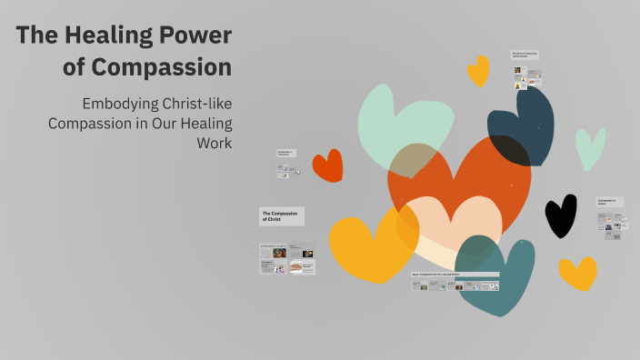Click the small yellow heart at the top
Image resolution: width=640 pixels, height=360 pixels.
(477, 70)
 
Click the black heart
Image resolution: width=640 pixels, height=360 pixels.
(560, 215)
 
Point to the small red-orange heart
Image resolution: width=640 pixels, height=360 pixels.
(327, 165)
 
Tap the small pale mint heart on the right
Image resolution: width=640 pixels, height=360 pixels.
(590, 147)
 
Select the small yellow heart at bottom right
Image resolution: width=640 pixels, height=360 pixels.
(578, 273)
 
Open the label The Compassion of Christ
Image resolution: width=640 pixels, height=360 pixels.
(282, 215)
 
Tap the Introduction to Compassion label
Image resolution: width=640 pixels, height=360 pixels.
(287, 154)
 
